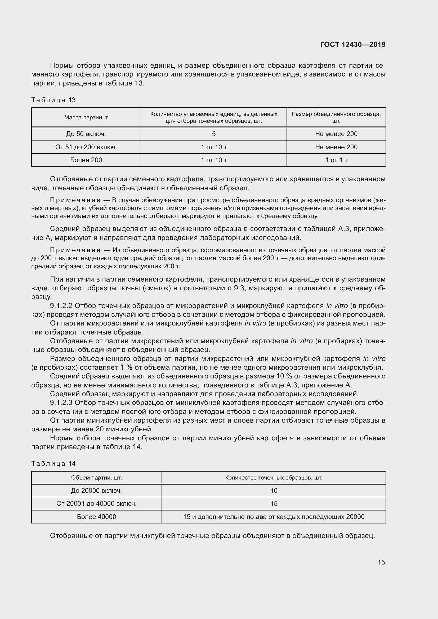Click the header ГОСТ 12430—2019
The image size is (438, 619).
(x=352, y=44)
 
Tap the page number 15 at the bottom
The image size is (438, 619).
(x=381, y=562)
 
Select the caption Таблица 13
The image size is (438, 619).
(x=53, y=100)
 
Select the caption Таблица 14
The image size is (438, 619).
(x=53, y=463)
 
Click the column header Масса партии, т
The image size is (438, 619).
(x=86, y=118)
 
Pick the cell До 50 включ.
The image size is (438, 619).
(x=86, y=134)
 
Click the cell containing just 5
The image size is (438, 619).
(x=214, y=134)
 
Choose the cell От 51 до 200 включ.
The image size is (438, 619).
(x=86, y=147)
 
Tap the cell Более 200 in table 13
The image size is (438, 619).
(x=86, y=160)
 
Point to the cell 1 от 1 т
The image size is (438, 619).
(x=336, y=160)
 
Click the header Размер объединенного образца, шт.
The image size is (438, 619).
(x=336, y=118)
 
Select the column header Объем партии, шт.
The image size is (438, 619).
(x=97, y=477)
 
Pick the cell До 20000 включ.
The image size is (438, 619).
(x=97, y=491)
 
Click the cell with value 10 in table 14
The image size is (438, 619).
(x=274, y=491)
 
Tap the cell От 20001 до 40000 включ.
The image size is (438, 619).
(x=97, y=504)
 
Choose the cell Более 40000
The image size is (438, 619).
(x=97, y=517)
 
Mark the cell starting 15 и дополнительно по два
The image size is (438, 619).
(x=274, y=517)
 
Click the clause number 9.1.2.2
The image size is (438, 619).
(x=61, y=306)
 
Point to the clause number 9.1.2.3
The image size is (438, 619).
(x=61, y=403)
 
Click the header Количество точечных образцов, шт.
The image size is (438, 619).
(x=274, y=477)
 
